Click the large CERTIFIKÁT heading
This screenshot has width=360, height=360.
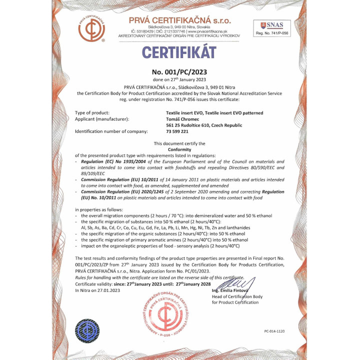point(179,52)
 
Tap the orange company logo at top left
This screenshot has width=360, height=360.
point(91,28)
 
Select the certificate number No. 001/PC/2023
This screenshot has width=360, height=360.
point(179,71)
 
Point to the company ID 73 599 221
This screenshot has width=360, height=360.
point(177,131)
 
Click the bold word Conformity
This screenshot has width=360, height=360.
point(179,149)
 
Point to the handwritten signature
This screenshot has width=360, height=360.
point(241,286)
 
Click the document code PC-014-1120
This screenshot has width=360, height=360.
point(274,331)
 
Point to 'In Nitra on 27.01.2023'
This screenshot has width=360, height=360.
point(97,290)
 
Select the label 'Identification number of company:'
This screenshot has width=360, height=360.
point(111,131)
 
